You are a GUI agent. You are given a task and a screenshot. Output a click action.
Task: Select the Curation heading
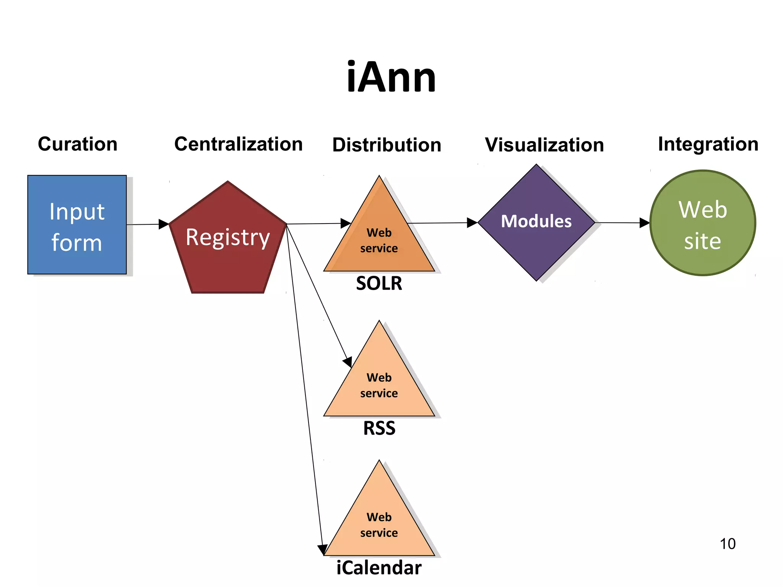tap(78, 144)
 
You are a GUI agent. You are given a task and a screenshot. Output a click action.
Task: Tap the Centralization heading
tap(238, 144)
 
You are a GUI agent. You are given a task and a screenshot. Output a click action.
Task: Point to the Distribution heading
tap(387, 145)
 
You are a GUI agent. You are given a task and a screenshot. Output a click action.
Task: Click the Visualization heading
tap(544, 145)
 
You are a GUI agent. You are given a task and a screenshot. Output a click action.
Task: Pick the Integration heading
tap(708, 144)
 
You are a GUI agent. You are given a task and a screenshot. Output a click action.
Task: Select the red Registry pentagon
tap(228, 241)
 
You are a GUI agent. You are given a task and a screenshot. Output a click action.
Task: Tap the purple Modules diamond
tap(536, 222)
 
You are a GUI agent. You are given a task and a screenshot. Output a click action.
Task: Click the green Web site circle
tap(702, 223)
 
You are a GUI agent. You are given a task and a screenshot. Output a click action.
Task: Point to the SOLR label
tap(379, 283)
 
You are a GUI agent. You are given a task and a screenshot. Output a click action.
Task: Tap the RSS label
tap(379, 428)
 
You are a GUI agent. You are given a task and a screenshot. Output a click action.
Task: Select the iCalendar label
tap(379, 568)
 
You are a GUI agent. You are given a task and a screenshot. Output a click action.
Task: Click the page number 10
tap(727, 544)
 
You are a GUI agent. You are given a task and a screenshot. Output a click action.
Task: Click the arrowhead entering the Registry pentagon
tap(164, 224)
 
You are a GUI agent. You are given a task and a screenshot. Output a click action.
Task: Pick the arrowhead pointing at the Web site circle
tap(644, 223)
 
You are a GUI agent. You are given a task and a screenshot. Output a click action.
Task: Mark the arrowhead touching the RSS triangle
tap(348, 362)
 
